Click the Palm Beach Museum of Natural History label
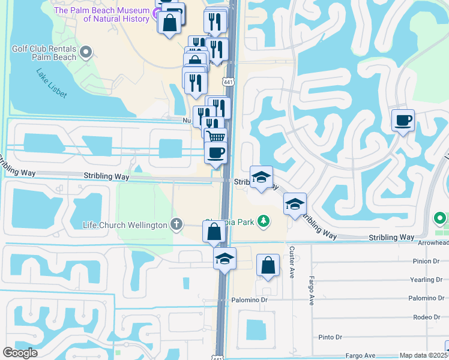[x=109, y=14]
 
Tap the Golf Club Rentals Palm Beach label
[x=44, y=53]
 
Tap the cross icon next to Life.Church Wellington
[x=176, y=224]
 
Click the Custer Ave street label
[x=292, y=261]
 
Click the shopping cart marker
[x=216, y=137]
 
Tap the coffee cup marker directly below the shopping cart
[x=215, y=152]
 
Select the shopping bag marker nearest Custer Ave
[x=268, y=265]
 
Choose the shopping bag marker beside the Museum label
[x=170, y=23]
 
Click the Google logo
[x=20, y=353]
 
